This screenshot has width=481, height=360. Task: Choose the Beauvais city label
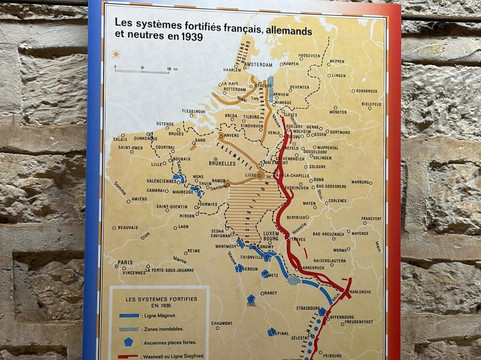(x=127, y=227)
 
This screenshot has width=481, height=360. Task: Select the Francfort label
(x=371, y=218)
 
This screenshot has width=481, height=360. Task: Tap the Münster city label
(x=338, y=112)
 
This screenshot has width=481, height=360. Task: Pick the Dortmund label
(x=337, y=131)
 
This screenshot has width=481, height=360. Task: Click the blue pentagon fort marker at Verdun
(x=240, y=268)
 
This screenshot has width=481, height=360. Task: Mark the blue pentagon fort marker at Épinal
(x=272, y=332)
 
